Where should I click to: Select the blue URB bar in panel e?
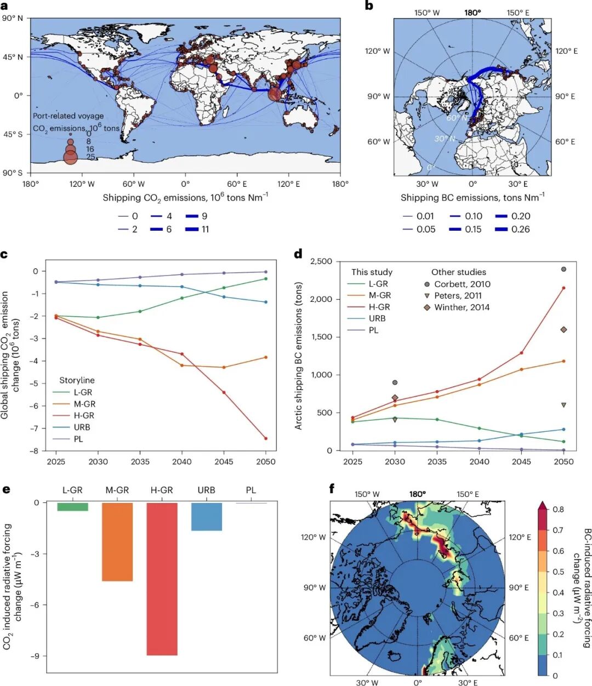pyautogui.click(x=207, y=517)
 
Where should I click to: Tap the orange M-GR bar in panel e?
pyautogui.click(x=117, y=542)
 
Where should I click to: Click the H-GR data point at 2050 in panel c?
pyautogui.click(x=266, y=438)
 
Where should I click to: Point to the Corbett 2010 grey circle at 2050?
pyautogui.click(x=563, y=269)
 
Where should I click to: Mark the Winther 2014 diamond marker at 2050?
pyautogui.click(x=563, y=329)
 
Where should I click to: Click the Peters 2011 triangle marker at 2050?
pyautogui.click(x=563, y=405)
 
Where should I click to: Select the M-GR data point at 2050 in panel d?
pyautogui.click(x=563, y=361)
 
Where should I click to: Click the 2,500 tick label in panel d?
pyautogui.click(x=321, y=261)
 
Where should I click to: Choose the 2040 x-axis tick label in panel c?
pyautogui.click(x=181, y=462)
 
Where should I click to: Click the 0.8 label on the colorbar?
pyautogui.click(x=558, y=510)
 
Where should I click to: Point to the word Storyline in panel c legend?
pyautogui.click(x=77, y=380)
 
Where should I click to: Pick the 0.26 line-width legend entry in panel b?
pyautogui.click(x=513, y=230)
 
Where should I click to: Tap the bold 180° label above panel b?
pyautogui.click(x=473, y=13)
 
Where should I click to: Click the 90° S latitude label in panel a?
pyautogui.click(x=13, y=173)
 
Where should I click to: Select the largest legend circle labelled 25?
pyautogui.click(x=70, y=157)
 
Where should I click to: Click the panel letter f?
pyautogui.click(x=332, y=489)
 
